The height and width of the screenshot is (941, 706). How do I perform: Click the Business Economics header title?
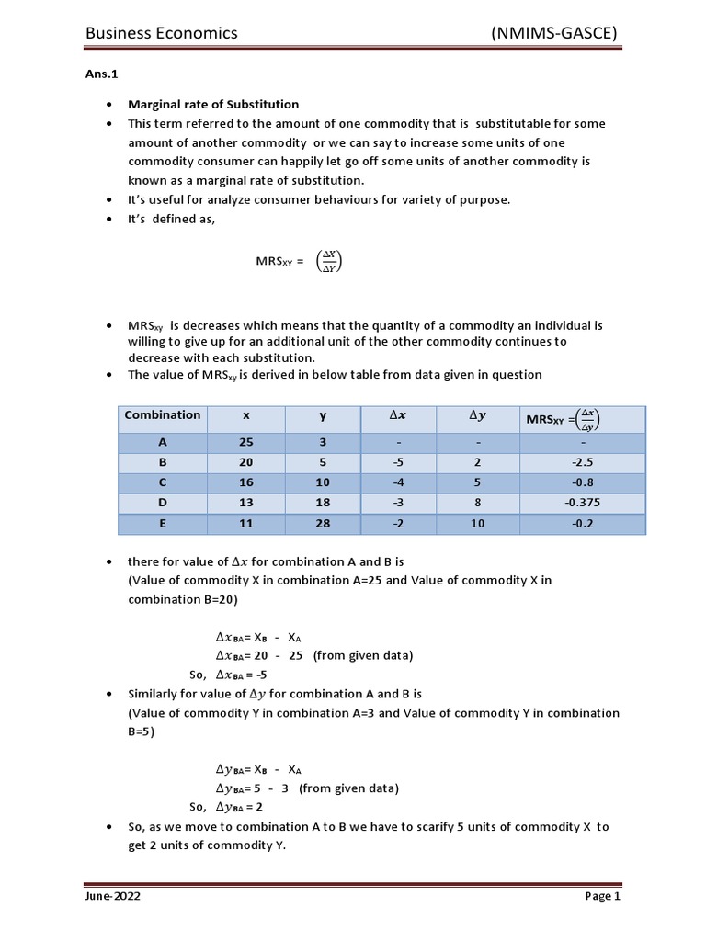point(161,33)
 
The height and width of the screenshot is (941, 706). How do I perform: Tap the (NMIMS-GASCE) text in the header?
point(554,33)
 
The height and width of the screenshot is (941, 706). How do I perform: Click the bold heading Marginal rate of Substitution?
point(213,105)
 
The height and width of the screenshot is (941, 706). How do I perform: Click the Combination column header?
point(163,415)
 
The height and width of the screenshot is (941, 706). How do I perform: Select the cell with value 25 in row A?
point(245,441)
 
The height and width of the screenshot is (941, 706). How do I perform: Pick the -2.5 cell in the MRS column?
point(583,463)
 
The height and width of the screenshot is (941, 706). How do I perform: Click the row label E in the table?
point(163,525)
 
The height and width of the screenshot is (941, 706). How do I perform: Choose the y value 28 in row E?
point(323,525)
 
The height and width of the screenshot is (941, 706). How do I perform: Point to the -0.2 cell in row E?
point(583,525)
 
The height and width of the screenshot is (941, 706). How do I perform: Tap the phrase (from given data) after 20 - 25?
point(363,655)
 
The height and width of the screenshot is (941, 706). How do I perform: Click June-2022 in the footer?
point(113,896)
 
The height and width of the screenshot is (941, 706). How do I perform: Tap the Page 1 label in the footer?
point(603,896)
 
